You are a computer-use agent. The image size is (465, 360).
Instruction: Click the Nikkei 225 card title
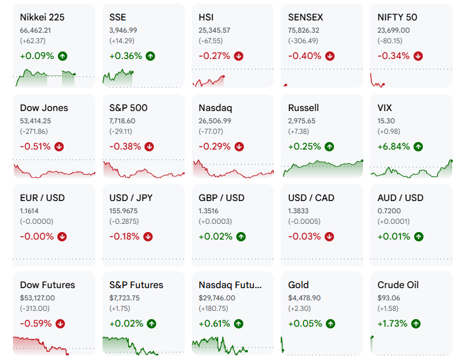pyautogui.click(x=42, y=17)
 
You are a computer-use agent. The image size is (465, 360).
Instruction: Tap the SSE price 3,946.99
pyautogui.click(x=123, y=30)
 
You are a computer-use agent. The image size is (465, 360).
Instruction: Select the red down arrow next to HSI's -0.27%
pyautogui.click(x=239, y=56)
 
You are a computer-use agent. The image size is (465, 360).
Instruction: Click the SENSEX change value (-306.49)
pyautogui.click(x=303, y=41)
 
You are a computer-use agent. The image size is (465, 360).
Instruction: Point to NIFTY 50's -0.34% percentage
pyautogui.click(x=393, y=56)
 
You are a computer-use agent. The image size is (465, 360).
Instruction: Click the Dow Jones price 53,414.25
pyautogui.click(x=35, y=121)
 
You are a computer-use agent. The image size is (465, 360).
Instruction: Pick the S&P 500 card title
pyautogui.click(x=128, y=108)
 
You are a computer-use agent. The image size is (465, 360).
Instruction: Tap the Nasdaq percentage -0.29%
pyautogui.click(x=215, y=146)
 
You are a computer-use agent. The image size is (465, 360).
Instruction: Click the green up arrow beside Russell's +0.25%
pyautogui.click(x=329, y=147)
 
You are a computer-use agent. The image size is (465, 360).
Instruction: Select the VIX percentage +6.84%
pyautogui.click(x=394, y=146)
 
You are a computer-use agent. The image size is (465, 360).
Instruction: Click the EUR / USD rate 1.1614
pyautogui.click(x=29, y=211)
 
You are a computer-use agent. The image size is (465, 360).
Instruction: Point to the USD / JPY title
pyautogui.click(x=131, y=198)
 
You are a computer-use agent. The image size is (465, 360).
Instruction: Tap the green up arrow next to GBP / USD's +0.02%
pyautogui.click(x=241, y=237)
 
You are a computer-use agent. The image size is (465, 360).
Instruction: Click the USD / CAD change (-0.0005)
pyautogui.click(x=304, y=221)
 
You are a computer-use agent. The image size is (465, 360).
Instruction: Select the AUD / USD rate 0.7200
pyautogui.click(x=389, y=211)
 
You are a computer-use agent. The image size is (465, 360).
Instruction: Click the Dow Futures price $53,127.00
pyautogui.click(x=37, y=298)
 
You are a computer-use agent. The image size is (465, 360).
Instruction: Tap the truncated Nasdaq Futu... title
pyautogui.click(x=230, y=285)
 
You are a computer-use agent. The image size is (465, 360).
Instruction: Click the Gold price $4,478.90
pyautogui.click(x=304, y=298)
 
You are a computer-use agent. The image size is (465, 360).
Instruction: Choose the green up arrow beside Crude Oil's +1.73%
pyautogui.click(x=416, y=324)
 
